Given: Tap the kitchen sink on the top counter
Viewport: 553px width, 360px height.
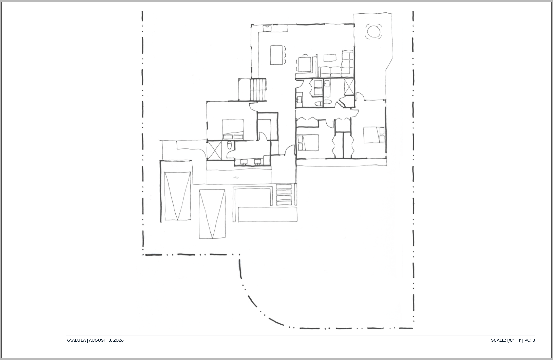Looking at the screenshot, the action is [267, 28].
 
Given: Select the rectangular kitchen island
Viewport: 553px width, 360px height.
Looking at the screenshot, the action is [276, 55].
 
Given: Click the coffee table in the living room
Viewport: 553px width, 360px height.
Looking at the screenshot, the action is [330, 58].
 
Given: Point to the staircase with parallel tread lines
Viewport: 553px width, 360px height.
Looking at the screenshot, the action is [258, 89].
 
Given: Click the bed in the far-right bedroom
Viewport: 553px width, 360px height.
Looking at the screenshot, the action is [374, 135].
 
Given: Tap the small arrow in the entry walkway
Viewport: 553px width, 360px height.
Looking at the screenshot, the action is [236, 177].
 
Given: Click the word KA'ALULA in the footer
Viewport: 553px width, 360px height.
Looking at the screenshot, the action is [76, 340].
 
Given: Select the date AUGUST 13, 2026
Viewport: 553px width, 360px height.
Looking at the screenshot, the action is [106, 340].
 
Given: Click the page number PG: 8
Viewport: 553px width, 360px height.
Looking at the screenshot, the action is [530, 340].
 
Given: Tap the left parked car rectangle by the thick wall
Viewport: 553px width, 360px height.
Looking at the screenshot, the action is [177, 196].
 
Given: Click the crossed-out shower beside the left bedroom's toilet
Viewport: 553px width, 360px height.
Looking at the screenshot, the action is [214, 150].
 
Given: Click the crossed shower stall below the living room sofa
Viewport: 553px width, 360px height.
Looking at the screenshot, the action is [349, 87].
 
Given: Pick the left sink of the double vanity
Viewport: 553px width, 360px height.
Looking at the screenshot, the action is [244, 162].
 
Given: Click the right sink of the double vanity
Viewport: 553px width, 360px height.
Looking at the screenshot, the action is [258, 162].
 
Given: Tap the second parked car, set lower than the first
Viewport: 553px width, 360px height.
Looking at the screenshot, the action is [212, 214].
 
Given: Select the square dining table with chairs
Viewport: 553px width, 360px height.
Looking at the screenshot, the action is [305, 64].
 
